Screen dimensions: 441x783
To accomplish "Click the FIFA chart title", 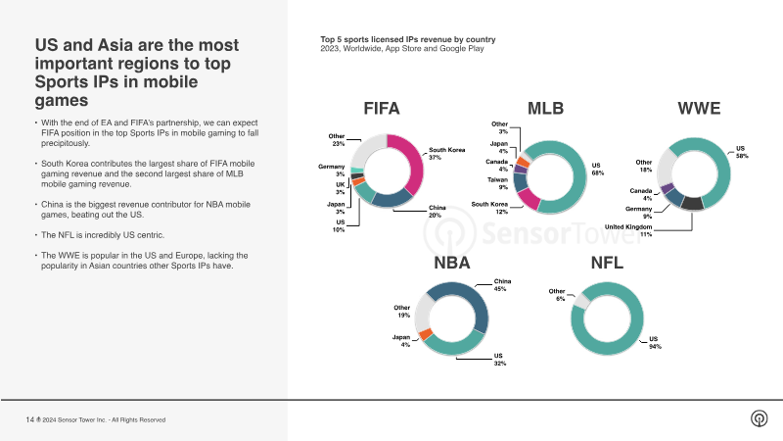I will (x=381, y=109).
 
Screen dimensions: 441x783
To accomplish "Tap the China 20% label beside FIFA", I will (x=437, y=212).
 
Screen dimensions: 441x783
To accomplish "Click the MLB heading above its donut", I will (x=545, y=109).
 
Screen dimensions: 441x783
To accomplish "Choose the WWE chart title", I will (x=699, y=109).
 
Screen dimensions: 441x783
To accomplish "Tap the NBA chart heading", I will (x=451, y=263).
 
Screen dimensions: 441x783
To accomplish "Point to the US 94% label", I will (x=654, y=343).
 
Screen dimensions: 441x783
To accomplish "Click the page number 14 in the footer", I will (x=29, y=419).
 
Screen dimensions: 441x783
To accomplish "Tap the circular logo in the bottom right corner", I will (x=759, y=418).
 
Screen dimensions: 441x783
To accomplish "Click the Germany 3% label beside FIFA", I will (x=332, y=171).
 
